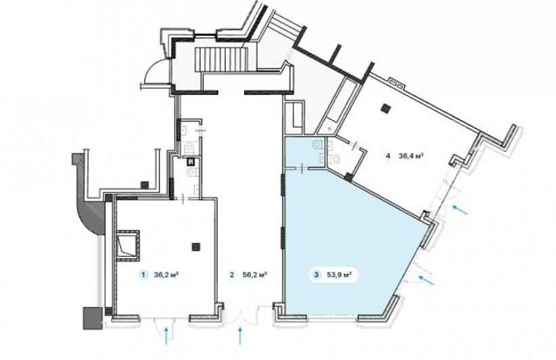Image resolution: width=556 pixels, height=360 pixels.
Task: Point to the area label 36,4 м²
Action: click(x=412, y=155)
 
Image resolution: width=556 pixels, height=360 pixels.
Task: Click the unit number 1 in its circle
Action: click(x=143, y=275)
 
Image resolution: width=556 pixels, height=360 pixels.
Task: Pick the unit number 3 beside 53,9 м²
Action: click(x=316, y=275)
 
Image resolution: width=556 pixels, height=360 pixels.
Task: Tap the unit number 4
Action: click(x=389, y=155)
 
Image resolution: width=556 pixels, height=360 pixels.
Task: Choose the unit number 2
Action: click(x=232, y=275)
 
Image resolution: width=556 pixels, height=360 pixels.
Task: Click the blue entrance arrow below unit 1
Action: click(x=166, y=336)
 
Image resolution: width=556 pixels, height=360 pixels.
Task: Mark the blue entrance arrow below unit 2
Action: click(x=241, y=336)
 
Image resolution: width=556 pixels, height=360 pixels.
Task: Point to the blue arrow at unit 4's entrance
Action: click(x=460, y=209)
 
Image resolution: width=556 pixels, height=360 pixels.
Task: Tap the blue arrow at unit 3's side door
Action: click(x=426, y=280)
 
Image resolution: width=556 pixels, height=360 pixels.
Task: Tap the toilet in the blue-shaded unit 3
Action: click(x=317, y=144)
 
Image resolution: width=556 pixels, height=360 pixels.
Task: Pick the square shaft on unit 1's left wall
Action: click(x=127, y=243)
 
